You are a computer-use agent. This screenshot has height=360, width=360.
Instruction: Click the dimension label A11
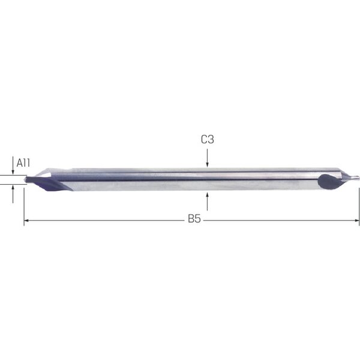(23, 163)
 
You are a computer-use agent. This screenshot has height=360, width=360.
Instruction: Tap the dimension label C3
(208, 139)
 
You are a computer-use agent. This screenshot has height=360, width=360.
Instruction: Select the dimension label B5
(194, 218)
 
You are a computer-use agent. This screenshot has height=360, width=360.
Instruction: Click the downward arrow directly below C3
(208, 158)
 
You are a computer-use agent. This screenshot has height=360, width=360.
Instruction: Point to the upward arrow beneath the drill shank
(208, 202)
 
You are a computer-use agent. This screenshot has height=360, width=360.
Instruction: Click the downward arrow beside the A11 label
(13, 166)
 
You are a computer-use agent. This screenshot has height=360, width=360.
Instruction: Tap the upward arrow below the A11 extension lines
(13, 194)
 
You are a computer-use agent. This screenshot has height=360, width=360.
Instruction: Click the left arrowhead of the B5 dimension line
(26, 220)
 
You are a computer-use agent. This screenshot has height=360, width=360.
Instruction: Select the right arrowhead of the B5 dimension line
(357, 220)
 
